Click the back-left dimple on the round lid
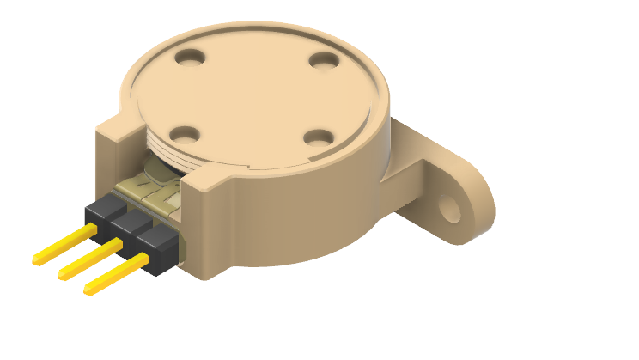[x=190, y=58]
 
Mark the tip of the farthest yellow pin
[x=36, y=259]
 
